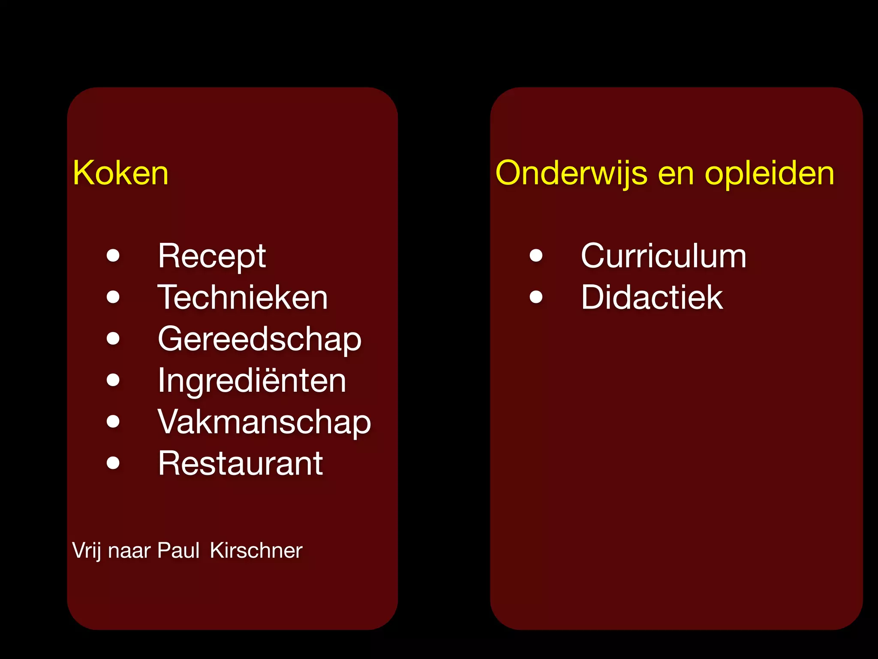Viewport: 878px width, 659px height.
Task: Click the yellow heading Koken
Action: [120, 173]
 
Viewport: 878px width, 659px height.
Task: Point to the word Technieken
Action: [243, 297]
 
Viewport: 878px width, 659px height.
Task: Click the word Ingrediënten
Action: [252, 381]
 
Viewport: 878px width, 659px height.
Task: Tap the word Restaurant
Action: [240, 463]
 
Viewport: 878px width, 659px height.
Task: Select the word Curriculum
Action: [663, 256]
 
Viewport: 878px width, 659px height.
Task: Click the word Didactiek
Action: [652, 297]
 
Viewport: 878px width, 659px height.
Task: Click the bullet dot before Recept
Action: [113, 256]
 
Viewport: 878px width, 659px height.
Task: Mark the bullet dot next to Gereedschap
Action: [113, 339]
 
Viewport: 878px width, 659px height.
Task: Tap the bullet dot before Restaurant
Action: [113, 463]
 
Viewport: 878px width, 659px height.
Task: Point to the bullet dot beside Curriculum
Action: [536, 256]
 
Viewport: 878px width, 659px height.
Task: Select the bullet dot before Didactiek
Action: [536, 297]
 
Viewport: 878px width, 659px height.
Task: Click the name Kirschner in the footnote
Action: [256, 550]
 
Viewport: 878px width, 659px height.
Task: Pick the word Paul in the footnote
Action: [178, 550]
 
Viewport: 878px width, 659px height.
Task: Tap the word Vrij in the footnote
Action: [87, 551]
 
